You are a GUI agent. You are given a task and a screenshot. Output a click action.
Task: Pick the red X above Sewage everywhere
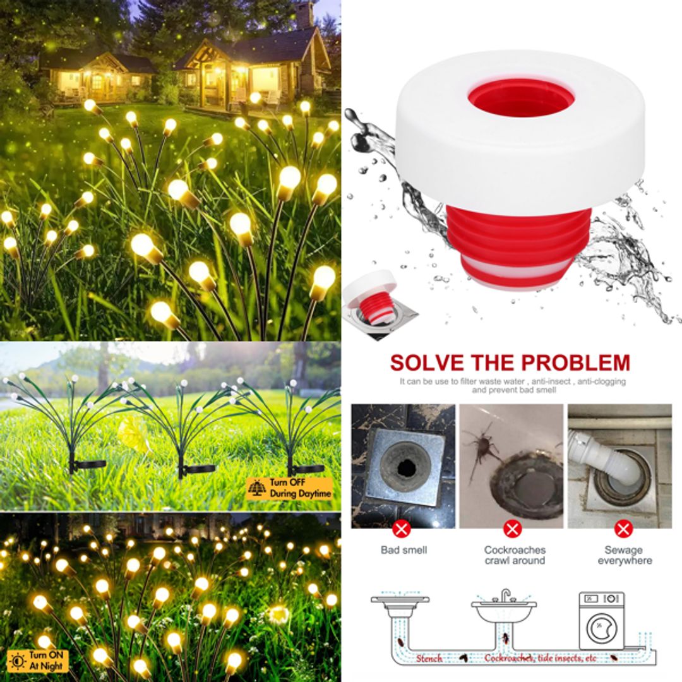click(x=624, y=529)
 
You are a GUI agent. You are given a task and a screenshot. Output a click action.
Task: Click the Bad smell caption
click(x=404, y=550)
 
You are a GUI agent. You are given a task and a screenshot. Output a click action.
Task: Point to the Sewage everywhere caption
click(x=624, y=555)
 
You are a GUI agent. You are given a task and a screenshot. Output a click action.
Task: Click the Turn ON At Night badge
click(x=37, y=660)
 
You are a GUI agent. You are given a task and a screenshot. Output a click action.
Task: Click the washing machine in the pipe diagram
click(x=601, y=616)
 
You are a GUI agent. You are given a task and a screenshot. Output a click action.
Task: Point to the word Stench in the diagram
click(x=429, y=658)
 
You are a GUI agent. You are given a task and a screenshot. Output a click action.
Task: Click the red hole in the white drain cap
click(x=521, y=98)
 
